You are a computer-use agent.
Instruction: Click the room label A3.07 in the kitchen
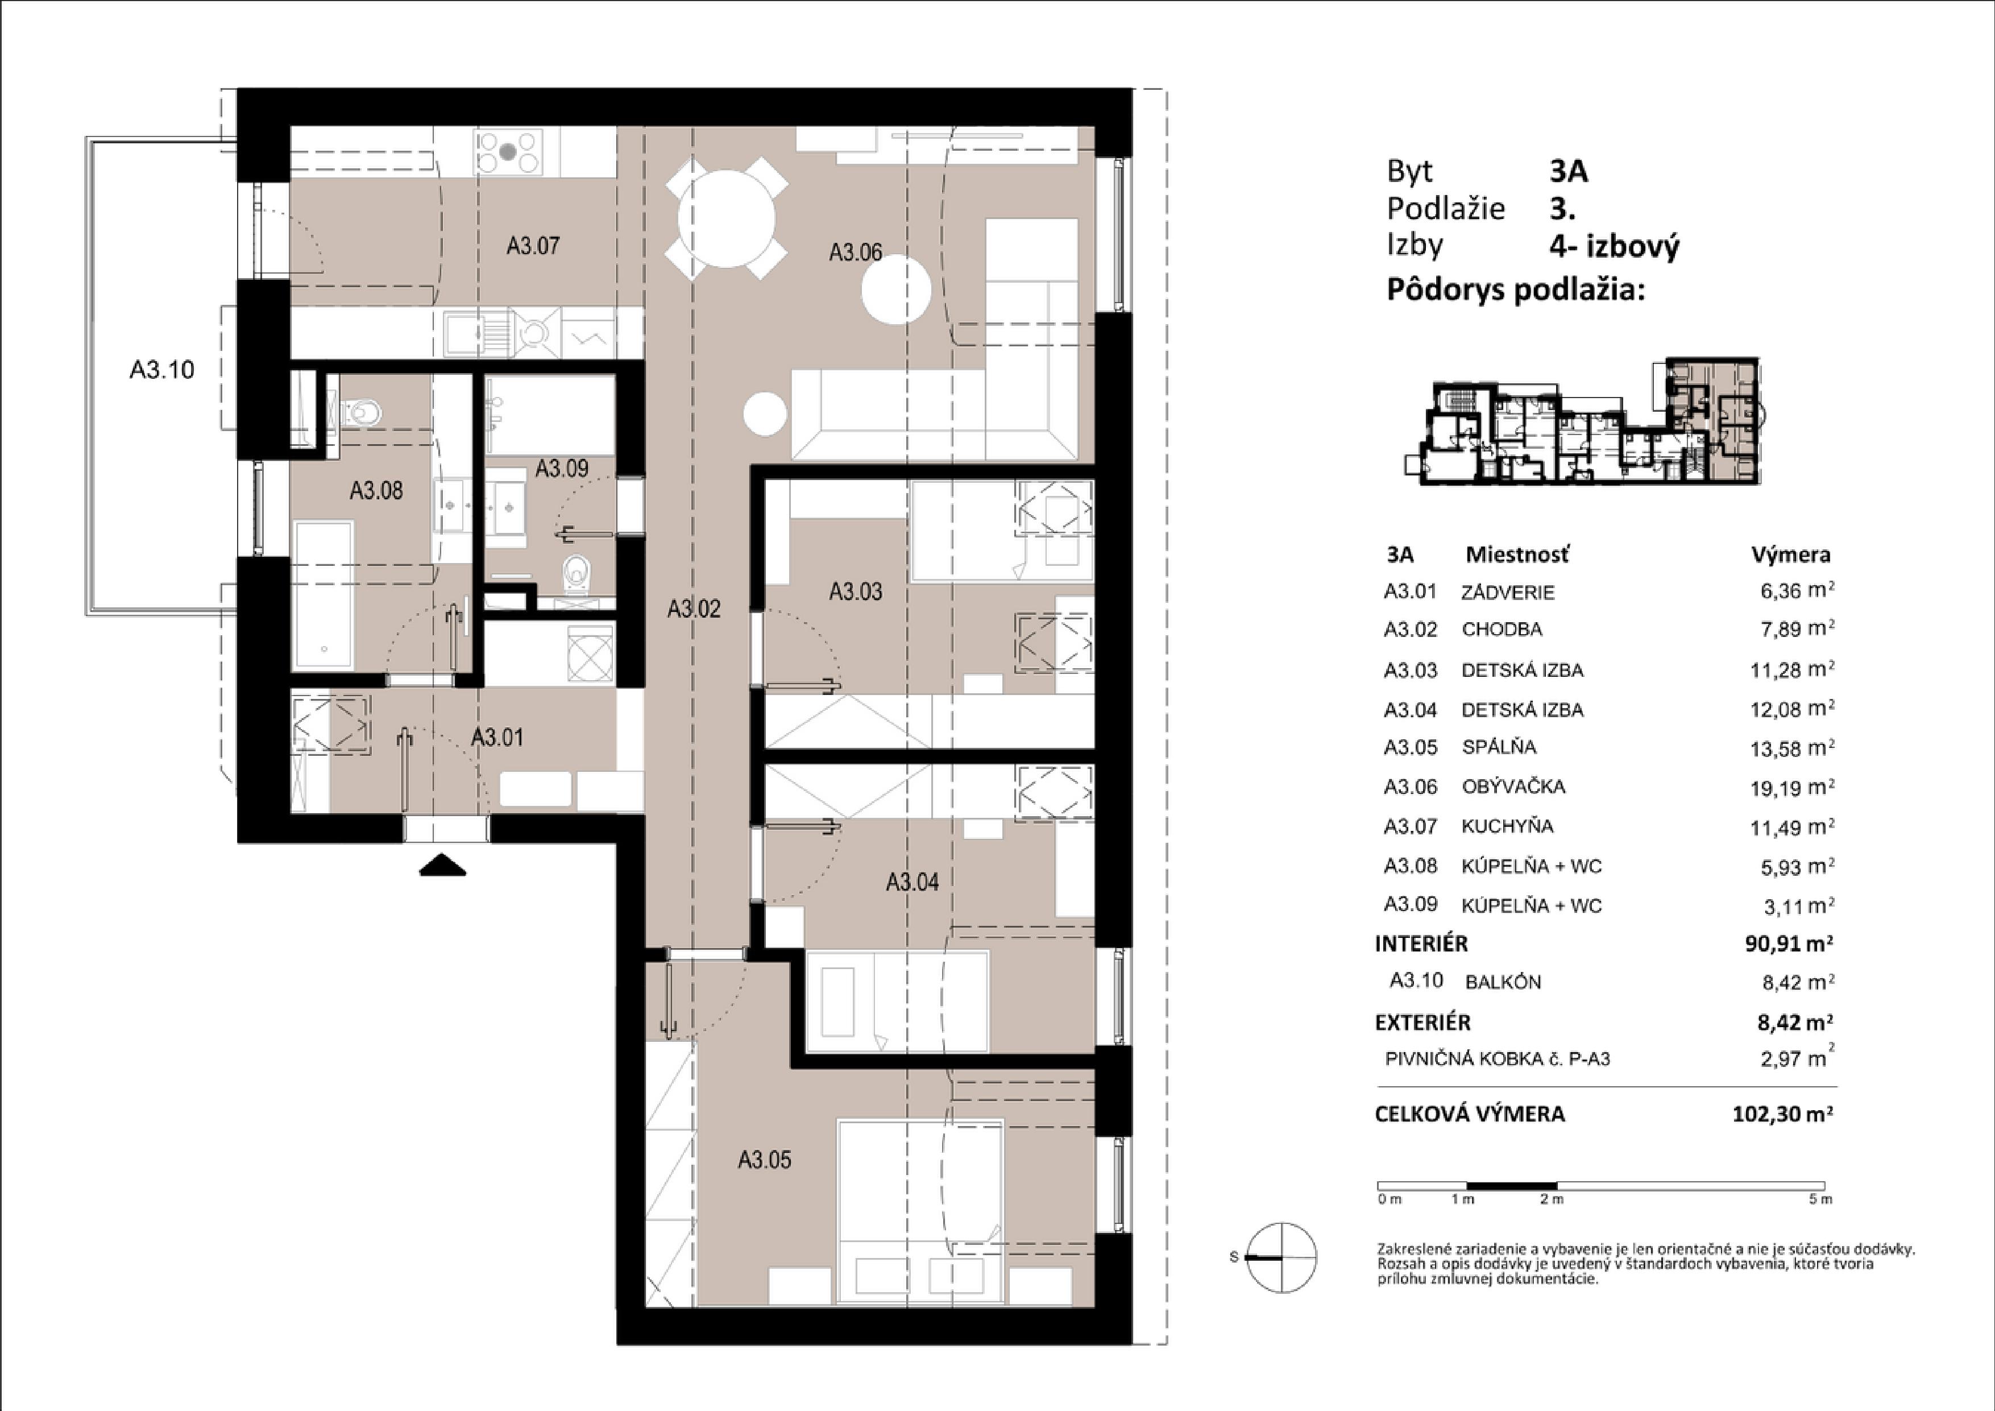533,246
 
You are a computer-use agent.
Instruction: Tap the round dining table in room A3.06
727,218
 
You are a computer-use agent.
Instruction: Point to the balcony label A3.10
161,370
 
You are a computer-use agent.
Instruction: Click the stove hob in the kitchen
508,152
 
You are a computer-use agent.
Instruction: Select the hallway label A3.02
694,609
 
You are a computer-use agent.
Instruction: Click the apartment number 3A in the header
1569,171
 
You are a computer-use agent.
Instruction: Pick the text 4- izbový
1615,247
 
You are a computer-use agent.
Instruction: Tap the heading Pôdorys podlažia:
1515,289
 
